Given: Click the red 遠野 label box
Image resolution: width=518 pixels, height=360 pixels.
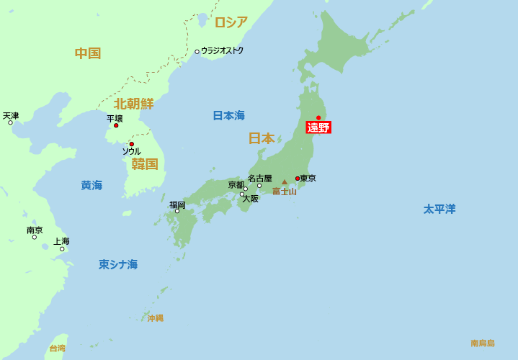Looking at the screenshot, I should pos(318,127).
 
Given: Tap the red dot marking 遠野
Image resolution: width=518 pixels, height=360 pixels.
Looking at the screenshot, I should pos(318,117).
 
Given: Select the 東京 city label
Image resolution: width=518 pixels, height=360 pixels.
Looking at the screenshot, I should pos(308,178).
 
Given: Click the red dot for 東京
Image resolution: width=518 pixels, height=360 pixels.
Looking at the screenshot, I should pos(298,179).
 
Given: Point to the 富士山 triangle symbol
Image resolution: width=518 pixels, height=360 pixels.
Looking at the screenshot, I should pos(285,182).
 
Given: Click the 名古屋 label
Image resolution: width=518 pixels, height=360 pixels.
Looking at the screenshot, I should pos(259,178).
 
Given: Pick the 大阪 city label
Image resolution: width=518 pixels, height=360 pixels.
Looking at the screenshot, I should pos(250,199).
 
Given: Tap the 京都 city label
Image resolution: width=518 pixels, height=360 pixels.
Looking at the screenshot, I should pos(236,185).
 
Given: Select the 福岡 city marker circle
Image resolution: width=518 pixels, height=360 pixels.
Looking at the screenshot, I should pos(177,211).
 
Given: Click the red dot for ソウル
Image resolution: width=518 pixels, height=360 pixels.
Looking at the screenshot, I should pos(131,144).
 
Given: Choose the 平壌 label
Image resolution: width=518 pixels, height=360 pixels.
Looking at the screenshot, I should pos(115,118).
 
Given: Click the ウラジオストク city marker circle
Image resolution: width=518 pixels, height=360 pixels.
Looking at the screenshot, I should pos(197,52).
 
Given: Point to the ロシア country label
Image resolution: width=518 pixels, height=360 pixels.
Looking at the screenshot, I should pos(231,22).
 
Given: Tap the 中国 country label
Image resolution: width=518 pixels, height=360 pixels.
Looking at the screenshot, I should pos(88,53).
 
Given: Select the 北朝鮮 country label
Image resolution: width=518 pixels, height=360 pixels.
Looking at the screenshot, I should pos(133,104).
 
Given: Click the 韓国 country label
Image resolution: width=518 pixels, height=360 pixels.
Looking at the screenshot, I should pos(144,164).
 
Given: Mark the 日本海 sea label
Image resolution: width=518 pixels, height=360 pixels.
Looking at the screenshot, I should pos(228,115).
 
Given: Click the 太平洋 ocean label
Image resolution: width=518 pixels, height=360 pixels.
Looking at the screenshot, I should pos(439,209).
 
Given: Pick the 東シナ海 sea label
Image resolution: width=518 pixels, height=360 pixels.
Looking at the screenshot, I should pos(118,264).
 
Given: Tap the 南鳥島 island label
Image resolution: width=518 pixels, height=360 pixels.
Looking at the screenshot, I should pos(483,343).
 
